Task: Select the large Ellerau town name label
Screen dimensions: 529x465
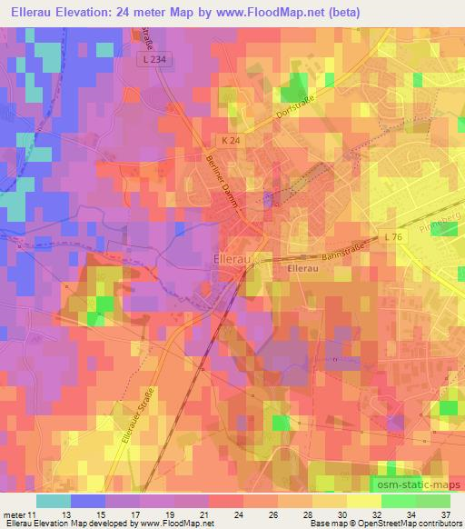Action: click(238, 257)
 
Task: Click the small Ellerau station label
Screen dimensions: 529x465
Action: click(301, 269)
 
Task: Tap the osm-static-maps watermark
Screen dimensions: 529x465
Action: click(418, 487)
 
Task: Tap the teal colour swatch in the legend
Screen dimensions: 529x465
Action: click(54, 500)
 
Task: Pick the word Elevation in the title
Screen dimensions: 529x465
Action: click(84, 13)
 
